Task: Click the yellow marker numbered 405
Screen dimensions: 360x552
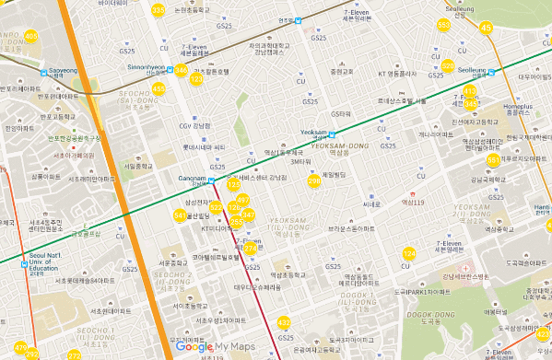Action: tap(31, 36)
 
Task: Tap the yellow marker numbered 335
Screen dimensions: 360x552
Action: tap(159, 11)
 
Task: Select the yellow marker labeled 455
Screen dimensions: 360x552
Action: tap(159, 88)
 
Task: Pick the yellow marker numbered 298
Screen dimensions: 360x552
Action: tap(313, 181)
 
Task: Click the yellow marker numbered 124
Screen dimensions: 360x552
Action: tap(410, 253)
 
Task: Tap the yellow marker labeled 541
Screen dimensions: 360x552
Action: tap(180, 215)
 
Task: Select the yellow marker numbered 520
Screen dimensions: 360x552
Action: tap(448, 66)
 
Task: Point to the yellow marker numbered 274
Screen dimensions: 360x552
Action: tap(251, 248)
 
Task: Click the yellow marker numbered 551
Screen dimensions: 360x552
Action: tap(494, 160)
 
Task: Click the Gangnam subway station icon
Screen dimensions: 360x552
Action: tap(211, 180)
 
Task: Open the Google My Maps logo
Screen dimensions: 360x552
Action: tap(214, 347)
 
